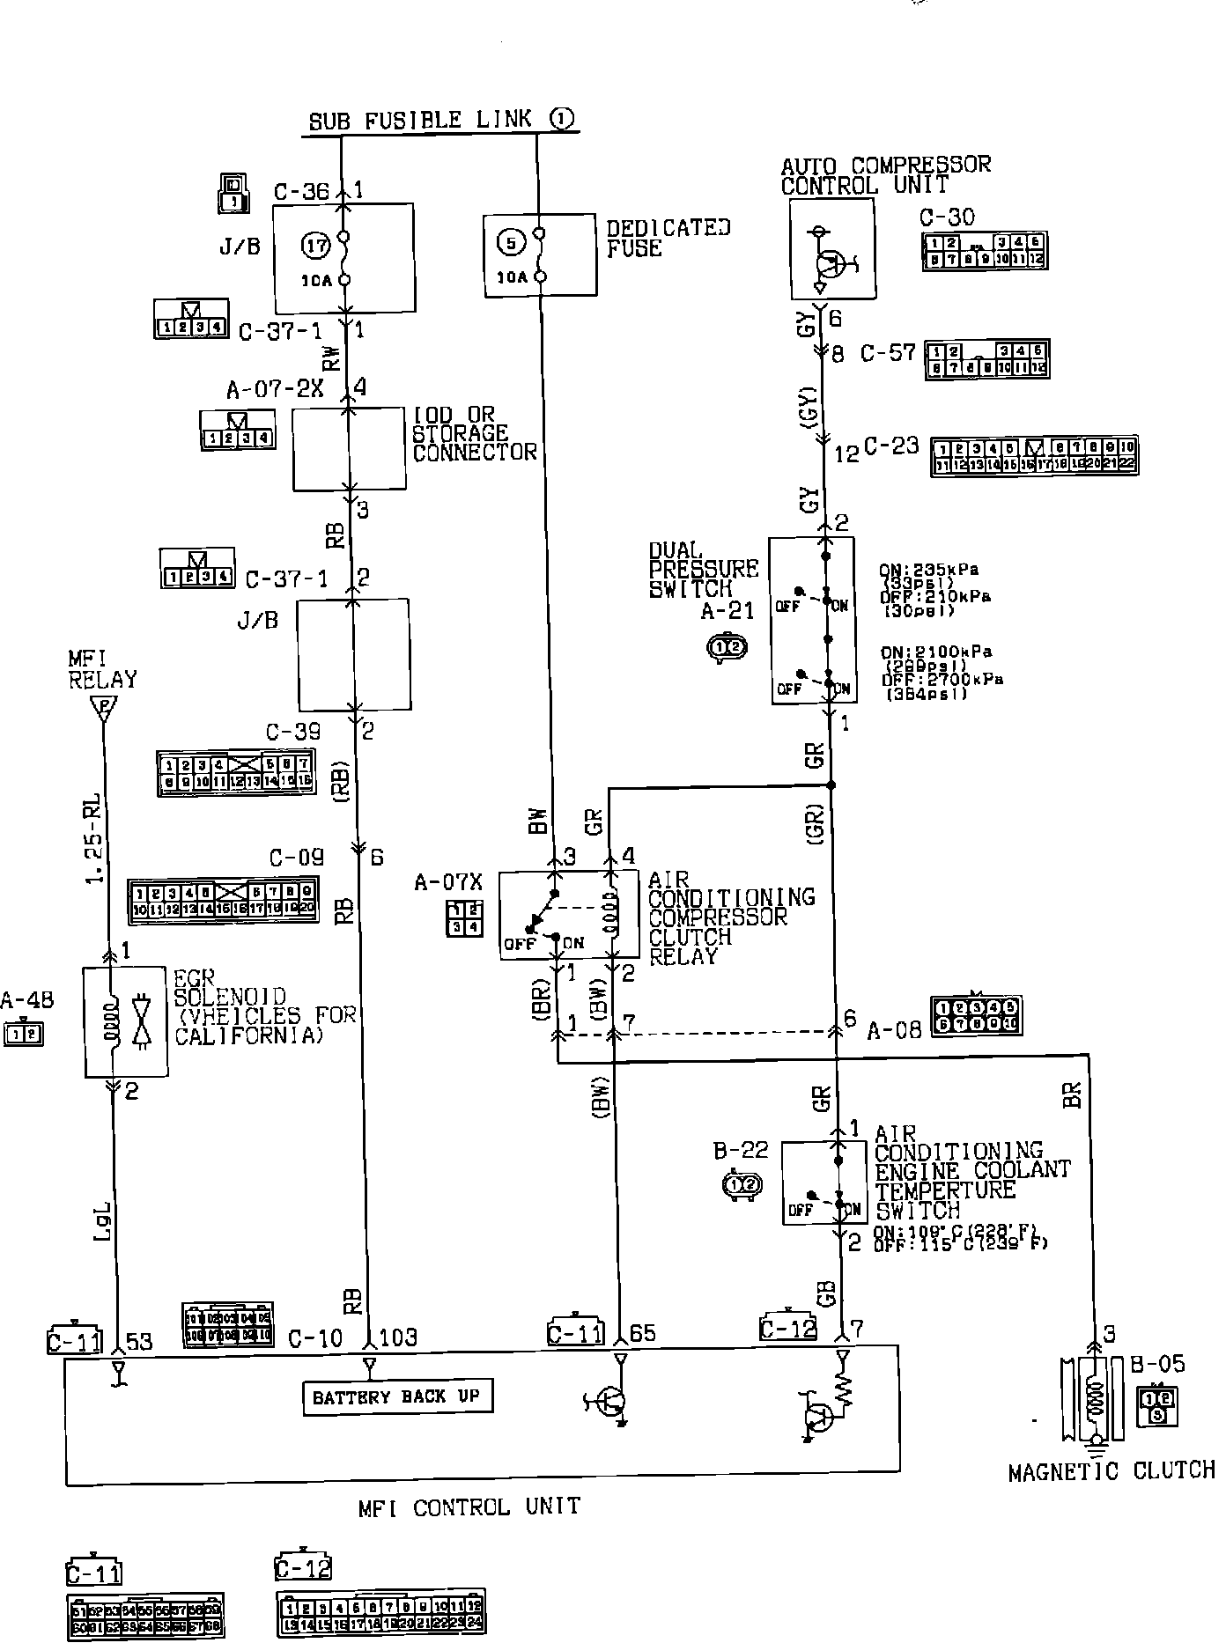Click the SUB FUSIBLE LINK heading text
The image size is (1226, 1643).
click(421, 120)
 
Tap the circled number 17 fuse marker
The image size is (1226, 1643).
click(316, 247)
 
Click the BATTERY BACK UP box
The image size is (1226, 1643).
click(396, 1396)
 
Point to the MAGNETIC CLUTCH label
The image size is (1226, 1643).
click(1111, 1470)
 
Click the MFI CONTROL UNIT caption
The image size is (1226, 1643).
click(469, 1507)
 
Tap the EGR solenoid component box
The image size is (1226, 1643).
click(125, 1022)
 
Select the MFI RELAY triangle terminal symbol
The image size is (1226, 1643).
click(104, 707)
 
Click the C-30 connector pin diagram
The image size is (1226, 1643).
click(984, 251)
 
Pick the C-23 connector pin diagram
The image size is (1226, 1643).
click(1034, 456)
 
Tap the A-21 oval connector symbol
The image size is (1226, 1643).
click(727, 648)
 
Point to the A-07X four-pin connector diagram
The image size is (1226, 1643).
click(464, 918)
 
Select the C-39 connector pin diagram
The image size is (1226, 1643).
click(235, 773)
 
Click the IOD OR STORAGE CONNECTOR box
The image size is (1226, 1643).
click(348, 448)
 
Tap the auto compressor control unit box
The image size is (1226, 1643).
click(832, 250)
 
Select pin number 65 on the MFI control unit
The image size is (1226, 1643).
click(643, 1333)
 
